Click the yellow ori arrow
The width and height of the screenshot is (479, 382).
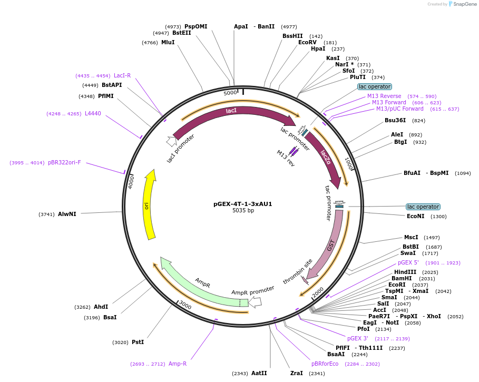pos(149,205)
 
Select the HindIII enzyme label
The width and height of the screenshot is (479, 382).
pos(405,272)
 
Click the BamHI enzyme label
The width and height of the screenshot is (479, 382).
pos(402,278)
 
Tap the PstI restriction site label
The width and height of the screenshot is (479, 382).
pos(138,342)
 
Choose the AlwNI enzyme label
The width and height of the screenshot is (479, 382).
pos(67,214)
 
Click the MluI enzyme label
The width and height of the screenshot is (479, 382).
pos(168,42)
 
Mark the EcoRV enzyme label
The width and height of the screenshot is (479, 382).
pos(307,42)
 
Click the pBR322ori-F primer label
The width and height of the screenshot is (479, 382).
pos(64,162)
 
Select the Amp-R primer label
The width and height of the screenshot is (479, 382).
pos(178,364)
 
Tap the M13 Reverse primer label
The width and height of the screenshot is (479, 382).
pos(384,96)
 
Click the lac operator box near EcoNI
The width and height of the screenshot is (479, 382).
pos(423,207)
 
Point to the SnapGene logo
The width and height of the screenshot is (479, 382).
pos(462,4)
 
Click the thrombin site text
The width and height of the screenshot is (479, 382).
pos(298,271)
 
